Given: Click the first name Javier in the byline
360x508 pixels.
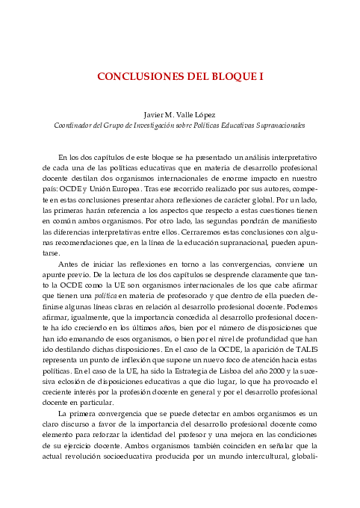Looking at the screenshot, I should [x=155, y=115].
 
